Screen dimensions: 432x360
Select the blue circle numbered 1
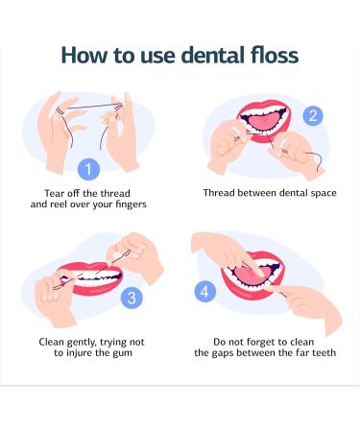pyautogui.click(x=88, y=170)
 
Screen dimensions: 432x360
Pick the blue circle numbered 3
pyautogui.click(x=131, y=299)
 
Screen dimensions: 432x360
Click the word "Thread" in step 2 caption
pyautogui.click(x=222, y=192)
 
